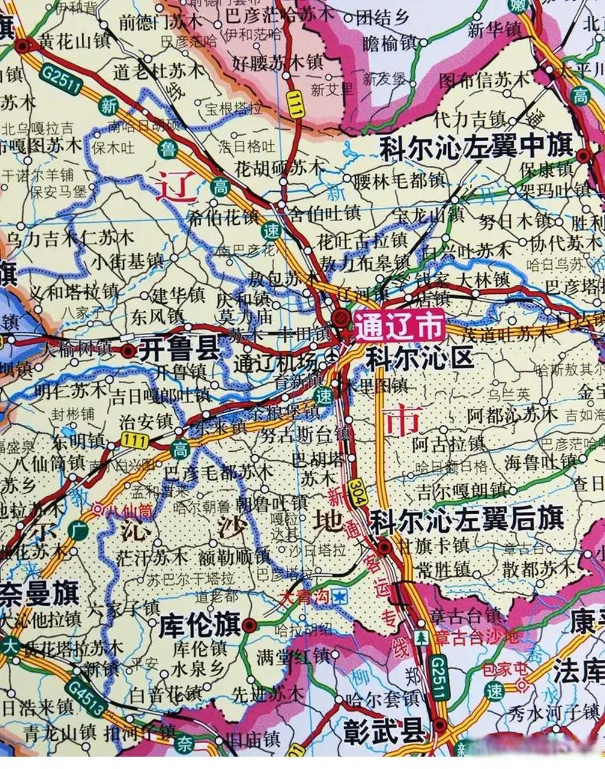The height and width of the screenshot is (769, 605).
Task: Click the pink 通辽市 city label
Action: click(x=399, y=327)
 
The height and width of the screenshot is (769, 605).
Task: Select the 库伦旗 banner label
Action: click(x=199, y=625)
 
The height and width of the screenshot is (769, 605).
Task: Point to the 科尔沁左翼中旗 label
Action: click(x=476, y=148)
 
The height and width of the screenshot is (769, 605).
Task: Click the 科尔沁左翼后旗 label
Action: click(x=466, y=520)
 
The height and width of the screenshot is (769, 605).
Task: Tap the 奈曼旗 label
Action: click(x=39, y=594)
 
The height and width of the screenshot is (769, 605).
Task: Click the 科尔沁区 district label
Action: click(x=420, y=359)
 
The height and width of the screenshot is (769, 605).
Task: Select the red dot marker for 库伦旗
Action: click(x=250, y=625)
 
